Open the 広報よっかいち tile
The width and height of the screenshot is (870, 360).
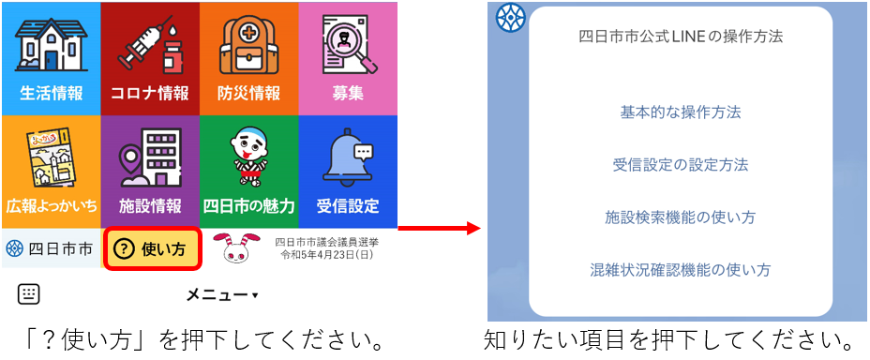tap(51, 169)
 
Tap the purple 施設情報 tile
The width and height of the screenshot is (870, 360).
tap(150, 169)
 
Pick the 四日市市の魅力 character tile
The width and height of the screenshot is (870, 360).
tap(248, 169)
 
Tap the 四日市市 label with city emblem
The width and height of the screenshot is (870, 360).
tap(50, 249)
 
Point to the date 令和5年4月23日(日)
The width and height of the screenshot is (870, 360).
tap(325, 255)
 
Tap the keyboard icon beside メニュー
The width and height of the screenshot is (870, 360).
tap(29, 294)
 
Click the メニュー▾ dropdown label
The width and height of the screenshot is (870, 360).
tap(221, 295)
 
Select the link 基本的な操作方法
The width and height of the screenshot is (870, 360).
tap(681, 112)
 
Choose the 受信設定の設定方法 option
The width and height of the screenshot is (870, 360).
tap(681, 165)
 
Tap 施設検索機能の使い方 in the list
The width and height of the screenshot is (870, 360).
tap(681, 217)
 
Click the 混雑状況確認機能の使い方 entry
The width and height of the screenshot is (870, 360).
tap(681, 270)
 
